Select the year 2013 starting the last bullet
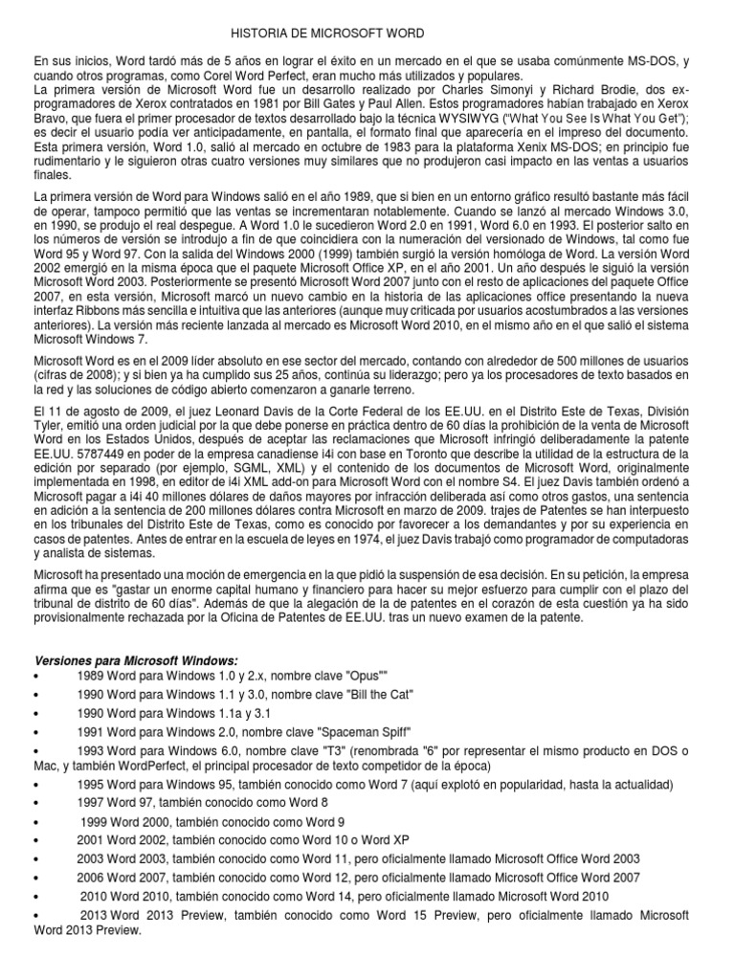[x=94, y=915]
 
